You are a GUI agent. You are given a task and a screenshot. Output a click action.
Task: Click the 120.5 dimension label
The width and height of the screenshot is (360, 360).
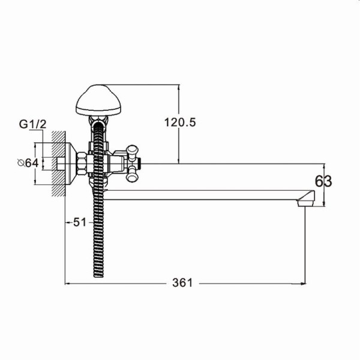point(180,122)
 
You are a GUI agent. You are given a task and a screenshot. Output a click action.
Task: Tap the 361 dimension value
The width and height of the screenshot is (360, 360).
point(182,283)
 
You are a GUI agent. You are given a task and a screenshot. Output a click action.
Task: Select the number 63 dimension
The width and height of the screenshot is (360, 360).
point(323,181)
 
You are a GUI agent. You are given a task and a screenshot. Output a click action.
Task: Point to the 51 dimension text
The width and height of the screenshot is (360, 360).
point(80,222)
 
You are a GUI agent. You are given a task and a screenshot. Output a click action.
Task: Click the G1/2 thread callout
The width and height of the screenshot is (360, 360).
point(32,124)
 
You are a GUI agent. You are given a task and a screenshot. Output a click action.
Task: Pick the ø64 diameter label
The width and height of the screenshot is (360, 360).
point(28,163)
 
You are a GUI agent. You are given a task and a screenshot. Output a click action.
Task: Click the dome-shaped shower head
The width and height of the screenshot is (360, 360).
point(99,100)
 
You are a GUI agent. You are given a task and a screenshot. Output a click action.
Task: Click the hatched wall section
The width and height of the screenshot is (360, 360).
point(58,163)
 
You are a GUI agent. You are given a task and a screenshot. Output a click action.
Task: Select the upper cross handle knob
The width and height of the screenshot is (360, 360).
point(132,152)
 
